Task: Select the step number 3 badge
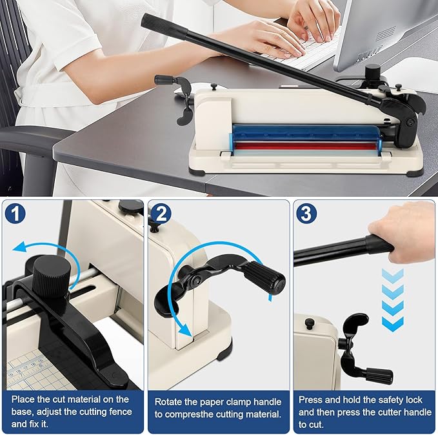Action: tap(306, 213)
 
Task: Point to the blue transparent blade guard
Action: tap(307, 134)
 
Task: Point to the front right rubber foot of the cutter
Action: tap(415, 172)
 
